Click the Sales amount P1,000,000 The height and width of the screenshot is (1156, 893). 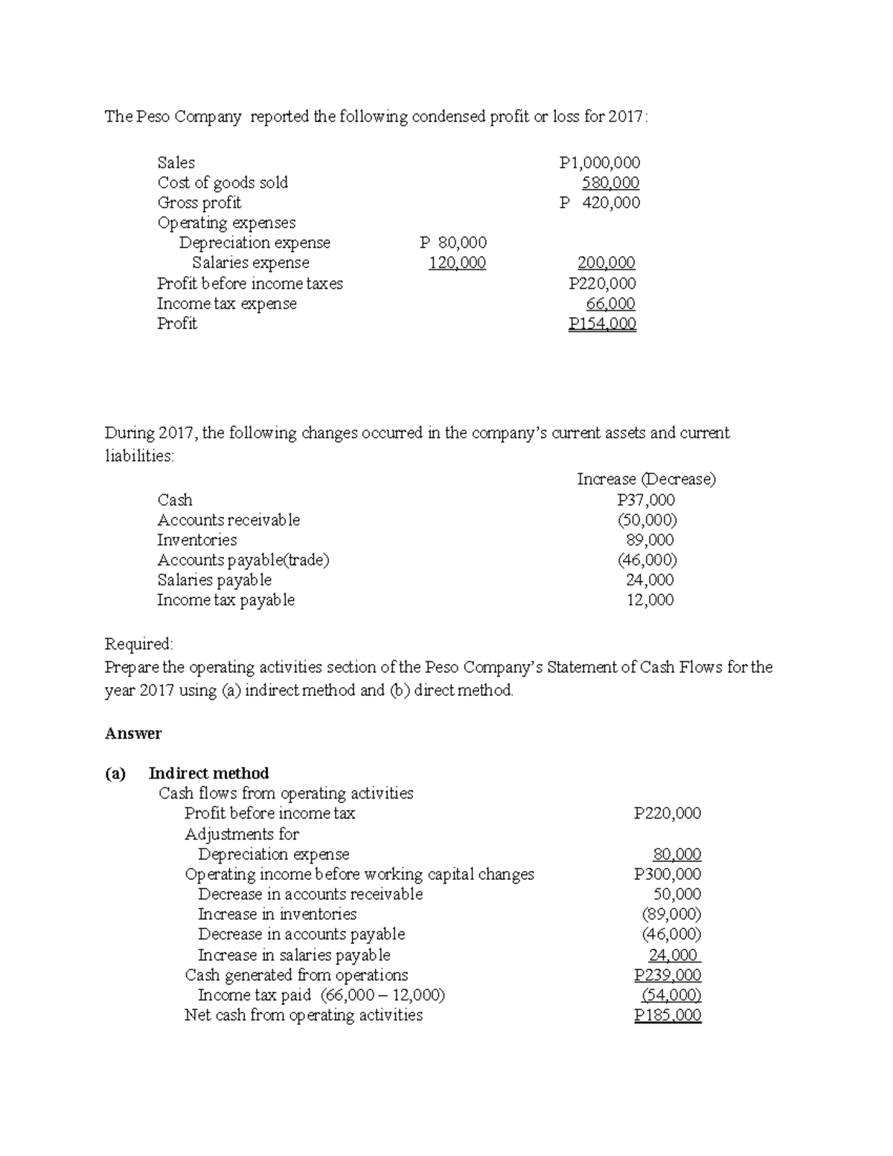[x=599, y=162]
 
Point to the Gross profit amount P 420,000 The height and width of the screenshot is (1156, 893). [x=599, y=202]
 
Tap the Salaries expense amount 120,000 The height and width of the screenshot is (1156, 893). [x=457, y=263]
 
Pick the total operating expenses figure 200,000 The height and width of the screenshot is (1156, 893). [x=606, y=263]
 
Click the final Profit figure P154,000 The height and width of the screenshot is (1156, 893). [x=602, y=324]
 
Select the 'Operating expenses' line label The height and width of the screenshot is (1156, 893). [x=226, y=223]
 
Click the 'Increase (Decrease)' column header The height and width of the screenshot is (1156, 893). [x=646, y=479]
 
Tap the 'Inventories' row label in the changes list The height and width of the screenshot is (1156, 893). [x=196, y=540]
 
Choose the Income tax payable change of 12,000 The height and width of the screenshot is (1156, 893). [x=650, y=600]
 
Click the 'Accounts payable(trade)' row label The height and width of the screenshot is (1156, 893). [x=243, y=561]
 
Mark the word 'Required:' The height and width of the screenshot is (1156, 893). [x=139, y=644]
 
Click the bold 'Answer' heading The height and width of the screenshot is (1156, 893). [x=133, y=734]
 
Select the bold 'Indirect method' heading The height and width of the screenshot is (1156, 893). [x=208, y=773]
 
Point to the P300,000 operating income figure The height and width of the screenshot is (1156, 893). [x=667, y=875]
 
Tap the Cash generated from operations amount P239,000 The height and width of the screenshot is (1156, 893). [x=667, y=975]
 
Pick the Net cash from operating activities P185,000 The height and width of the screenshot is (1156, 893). [x=667, y=1015]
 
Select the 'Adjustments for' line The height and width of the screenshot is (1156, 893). [x=241, y=834]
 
